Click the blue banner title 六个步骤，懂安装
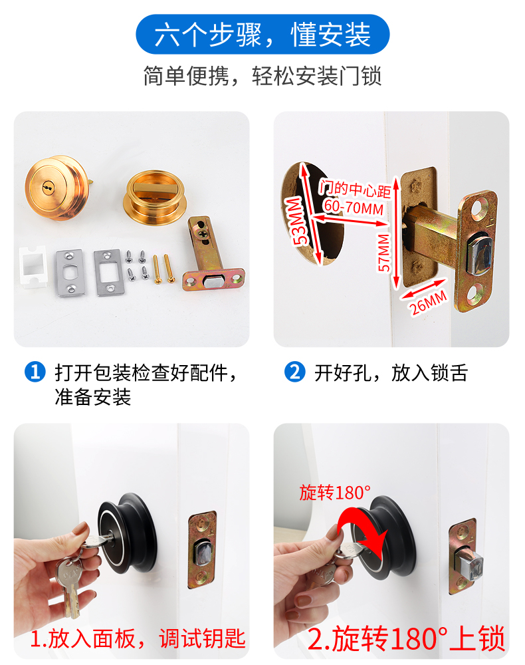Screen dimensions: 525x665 coord(262,35)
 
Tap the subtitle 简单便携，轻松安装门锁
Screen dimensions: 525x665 coord(262,76)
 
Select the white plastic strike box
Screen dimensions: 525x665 coord(32,265)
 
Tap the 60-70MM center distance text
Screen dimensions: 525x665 coord(354,207)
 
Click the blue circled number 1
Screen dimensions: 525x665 coord(35,372)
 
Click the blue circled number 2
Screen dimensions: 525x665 coord(294,372)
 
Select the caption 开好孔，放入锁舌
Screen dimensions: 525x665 coord(391,373)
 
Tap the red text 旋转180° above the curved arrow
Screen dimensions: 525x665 coord(335,493)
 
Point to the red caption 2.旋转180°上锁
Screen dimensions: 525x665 coord(406,638)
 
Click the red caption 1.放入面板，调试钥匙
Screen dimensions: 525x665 coord(138,638)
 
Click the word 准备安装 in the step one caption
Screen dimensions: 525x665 coord(93,398)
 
